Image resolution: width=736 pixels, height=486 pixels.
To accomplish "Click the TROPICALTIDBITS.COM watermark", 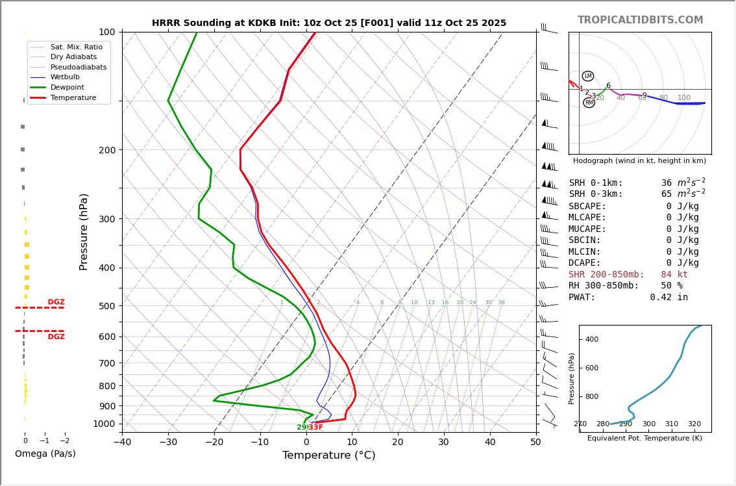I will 640,20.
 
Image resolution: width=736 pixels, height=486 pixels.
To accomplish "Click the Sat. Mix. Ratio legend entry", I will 76,47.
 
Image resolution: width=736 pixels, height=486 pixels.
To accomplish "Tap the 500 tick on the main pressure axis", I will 106,306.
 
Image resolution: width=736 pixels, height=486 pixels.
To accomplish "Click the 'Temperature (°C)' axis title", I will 328,456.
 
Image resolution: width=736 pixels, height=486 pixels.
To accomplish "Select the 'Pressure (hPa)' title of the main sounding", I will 84,231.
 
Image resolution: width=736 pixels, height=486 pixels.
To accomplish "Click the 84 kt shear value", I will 674,275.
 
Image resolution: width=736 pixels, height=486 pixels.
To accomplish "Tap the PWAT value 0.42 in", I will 669,298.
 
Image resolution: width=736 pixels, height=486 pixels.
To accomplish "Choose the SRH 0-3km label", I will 595,194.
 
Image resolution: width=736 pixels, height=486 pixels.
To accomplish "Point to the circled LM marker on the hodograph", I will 588,76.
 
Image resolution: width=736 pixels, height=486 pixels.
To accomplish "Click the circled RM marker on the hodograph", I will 589,103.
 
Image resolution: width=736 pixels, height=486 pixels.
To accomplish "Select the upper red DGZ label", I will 56,302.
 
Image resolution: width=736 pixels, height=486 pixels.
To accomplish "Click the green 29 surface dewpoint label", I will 302,428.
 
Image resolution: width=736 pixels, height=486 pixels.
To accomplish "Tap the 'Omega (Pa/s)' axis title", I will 45,454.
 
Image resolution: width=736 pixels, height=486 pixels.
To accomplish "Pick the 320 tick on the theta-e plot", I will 694,424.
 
